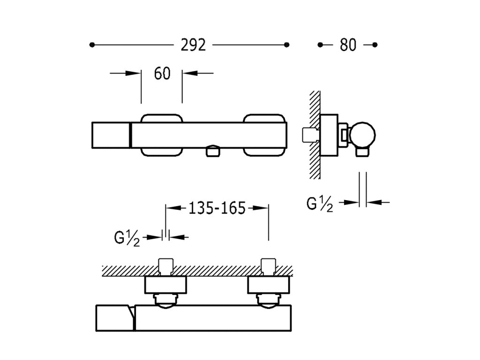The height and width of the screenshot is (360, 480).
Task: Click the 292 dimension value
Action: (x=193, y=45)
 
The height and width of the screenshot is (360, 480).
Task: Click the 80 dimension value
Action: (x=348, y=45)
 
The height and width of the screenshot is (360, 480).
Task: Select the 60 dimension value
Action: (x=162, y=74)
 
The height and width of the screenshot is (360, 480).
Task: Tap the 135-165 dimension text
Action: (x=217, y=208)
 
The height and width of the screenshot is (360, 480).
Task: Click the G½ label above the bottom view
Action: (x=127, y=239)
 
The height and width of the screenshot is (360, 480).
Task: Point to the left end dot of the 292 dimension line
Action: (x=92, y=45)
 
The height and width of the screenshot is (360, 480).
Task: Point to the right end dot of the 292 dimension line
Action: (x=287, y=45)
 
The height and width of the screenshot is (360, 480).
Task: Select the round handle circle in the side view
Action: (x=363, y=134)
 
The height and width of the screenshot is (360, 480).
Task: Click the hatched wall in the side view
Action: (x=315, y=134)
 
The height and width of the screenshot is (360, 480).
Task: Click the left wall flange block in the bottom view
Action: (x=166, y=284)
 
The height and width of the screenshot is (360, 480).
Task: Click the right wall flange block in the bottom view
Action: (x=268, y=284)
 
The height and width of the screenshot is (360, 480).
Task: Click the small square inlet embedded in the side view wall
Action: (x=311, y=134)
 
